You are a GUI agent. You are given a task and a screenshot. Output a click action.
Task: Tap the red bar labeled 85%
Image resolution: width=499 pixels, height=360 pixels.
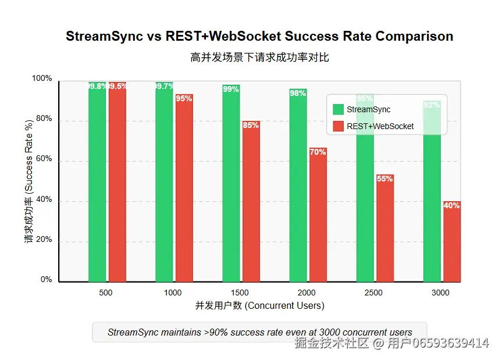251,201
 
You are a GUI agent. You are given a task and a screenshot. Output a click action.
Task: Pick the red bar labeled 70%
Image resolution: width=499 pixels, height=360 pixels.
318,215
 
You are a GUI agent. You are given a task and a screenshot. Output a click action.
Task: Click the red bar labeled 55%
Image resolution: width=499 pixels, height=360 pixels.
385,229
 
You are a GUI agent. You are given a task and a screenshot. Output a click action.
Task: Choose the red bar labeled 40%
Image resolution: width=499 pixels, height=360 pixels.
452,242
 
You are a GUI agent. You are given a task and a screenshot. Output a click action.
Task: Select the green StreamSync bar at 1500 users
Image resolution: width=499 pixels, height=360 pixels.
231,183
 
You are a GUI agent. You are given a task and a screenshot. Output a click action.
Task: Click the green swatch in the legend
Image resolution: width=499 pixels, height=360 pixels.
338,109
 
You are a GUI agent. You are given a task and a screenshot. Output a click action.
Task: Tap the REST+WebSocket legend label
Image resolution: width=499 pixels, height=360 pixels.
380,126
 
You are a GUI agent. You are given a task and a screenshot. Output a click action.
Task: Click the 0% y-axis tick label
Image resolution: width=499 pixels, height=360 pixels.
46,280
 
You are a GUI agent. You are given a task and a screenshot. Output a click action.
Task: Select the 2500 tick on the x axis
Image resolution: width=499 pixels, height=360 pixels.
374,293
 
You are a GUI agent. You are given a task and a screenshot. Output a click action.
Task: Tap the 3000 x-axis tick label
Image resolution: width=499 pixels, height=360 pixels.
441,293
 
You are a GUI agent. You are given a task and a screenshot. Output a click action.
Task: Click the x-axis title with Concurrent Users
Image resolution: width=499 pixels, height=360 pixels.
259,305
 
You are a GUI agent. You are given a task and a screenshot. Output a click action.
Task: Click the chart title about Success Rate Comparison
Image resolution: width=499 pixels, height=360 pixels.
259,36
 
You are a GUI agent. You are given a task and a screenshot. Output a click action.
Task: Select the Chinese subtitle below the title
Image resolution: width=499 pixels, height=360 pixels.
259,57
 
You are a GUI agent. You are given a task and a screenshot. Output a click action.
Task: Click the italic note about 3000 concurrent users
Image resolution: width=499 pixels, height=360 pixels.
259,333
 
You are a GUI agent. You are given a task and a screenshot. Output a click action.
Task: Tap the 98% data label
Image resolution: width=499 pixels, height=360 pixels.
298,93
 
